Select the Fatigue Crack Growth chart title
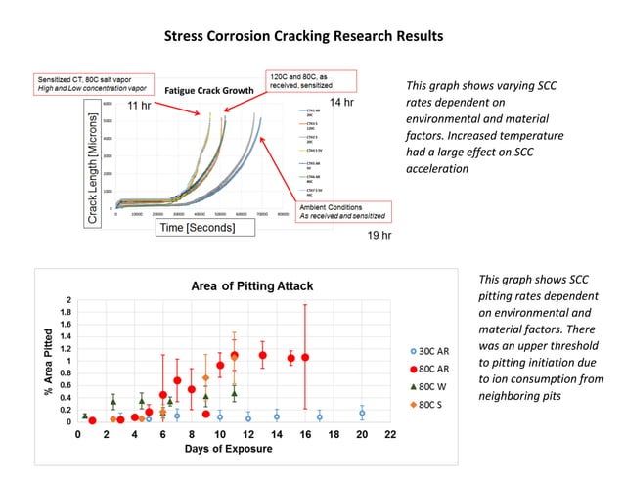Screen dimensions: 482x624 (208, 91)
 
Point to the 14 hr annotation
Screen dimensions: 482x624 (340, 103)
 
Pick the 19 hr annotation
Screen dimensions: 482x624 (379, 236)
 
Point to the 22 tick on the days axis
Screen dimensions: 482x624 (390, 433)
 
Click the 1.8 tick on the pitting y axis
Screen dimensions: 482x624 (66, 312)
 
